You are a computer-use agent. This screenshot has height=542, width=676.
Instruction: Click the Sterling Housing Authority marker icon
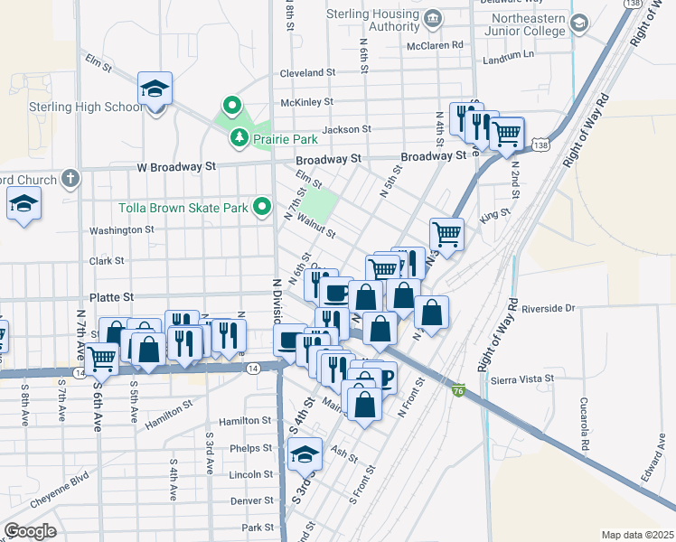[433, 18]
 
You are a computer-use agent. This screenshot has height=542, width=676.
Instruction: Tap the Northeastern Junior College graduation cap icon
[579, 23]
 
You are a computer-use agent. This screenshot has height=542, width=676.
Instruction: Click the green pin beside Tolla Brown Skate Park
[263, 208]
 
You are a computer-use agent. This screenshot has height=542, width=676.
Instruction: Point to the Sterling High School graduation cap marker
[155, 89]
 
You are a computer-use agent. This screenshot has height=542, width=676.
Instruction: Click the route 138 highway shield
[540, 145]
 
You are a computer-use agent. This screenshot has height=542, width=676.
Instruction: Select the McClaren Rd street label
[435, 44]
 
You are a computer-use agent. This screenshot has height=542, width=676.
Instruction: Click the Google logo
[30, 531]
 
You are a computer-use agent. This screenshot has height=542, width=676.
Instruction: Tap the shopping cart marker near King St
[447, 234]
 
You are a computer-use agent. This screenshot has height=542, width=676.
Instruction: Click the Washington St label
[121, 230]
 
